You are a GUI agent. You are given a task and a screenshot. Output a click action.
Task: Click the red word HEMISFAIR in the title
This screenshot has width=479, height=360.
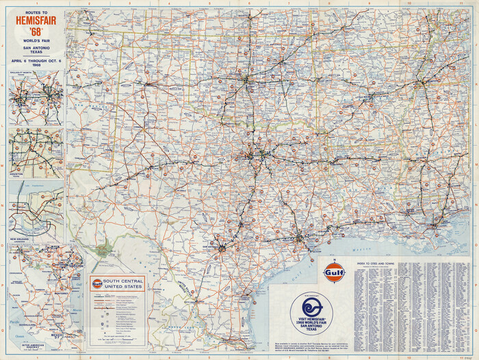36,21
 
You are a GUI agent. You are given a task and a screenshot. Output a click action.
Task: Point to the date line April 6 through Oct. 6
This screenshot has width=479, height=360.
36,60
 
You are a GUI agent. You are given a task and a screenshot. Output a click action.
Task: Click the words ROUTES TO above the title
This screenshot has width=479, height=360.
36,12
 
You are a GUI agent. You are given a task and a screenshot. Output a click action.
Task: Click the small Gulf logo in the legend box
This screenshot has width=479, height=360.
97,282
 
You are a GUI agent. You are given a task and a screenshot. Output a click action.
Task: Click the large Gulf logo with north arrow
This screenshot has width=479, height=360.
335,272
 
